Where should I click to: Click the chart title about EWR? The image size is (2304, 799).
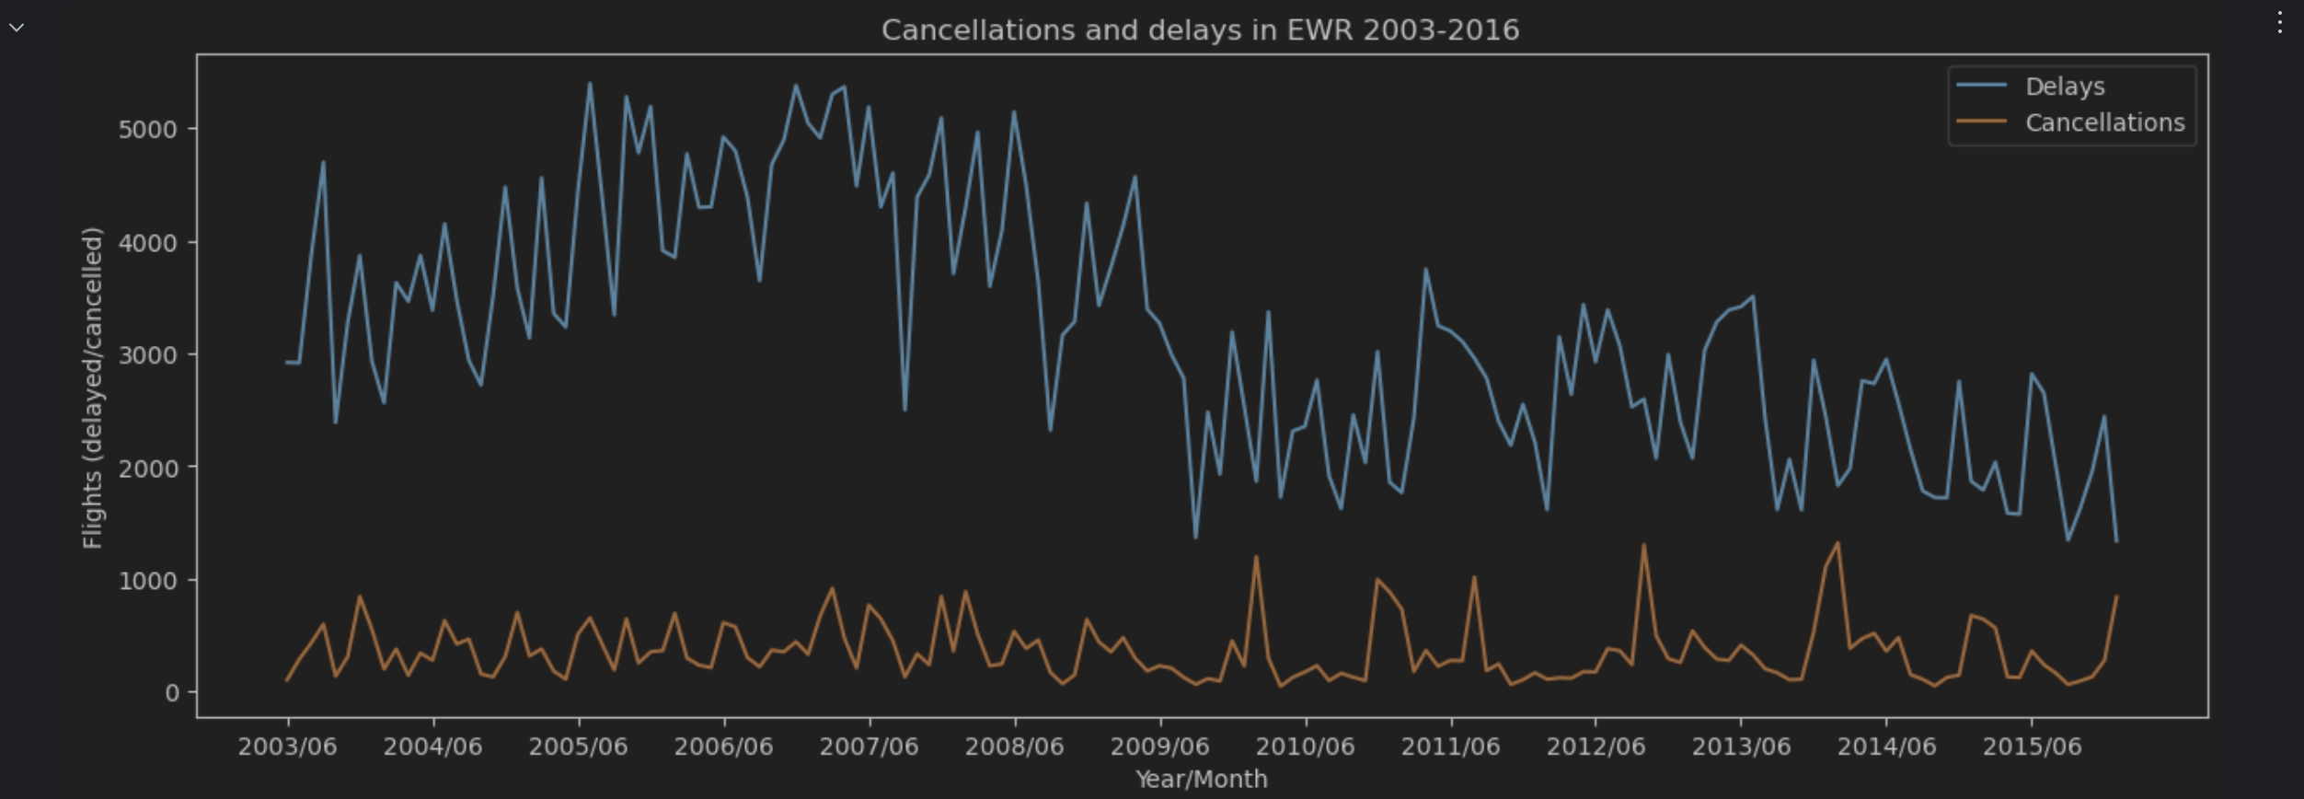point(1200,30)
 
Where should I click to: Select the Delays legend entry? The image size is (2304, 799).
point(2064,87)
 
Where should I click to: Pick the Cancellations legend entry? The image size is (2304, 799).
point(2104,123)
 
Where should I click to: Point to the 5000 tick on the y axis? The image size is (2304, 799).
point(147,130)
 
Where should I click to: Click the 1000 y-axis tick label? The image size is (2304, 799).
point(147,581)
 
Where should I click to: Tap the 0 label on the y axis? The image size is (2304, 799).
point(172,693)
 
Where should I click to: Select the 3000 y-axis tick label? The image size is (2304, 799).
point(147,355)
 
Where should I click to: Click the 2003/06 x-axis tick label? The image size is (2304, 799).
point(287,747)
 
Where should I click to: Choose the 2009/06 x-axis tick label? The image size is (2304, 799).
point(1159,747)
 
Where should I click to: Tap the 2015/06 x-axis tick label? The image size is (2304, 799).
point(2032,747)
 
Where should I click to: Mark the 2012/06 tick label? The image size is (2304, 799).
point(1596,747)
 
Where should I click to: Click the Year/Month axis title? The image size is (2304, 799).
point(1201,780)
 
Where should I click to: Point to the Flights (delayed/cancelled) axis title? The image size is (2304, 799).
point(92,388)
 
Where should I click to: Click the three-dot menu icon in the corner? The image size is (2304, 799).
point(2279,23)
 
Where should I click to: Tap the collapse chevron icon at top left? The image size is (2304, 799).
point(17,28)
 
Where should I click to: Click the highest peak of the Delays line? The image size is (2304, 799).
point(590,84)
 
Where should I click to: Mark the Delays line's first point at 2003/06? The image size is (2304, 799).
point(287,362)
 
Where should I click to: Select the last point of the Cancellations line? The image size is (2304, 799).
point(2116,596)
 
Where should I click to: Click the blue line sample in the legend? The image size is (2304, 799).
point(1981,85)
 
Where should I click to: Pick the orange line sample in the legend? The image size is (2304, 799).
point(1981,122)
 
